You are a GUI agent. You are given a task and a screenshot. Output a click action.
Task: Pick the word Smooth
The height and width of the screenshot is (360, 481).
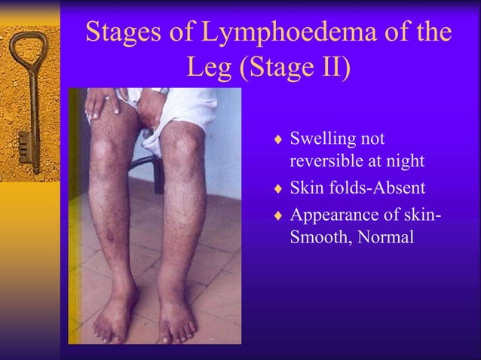[317, 237]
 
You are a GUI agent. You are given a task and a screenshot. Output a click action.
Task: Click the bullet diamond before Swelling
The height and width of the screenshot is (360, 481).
[278, 140]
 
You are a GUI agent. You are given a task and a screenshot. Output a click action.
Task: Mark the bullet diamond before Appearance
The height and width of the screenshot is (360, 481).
[278, 216]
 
